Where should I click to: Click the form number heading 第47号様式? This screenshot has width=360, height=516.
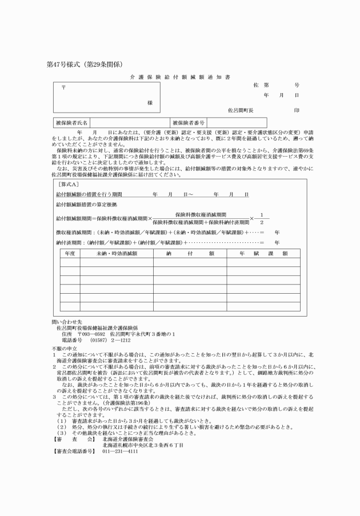(65, 63)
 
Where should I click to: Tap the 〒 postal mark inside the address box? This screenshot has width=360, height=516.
(63, 88)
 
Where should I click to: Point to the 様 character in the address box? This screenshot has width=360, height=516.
(150, 102)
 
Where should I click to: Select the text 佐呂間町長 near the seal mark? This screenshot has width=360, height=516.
(241, 109)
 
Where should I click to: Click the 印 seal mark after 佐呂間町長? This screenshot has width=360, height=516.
(296, 109)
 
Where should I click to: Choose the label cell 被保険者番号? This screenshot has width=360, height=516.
(189, 122)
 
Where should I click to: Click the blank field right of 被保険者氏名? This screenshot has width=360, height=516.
(129, 122)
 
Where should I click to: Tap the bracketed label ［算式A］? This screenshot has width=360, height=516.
(69, 185)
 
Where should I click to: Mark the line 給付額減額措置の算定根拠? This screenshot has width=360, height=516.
(86, 204)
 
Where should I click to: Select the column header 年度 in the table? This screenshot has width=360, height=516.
(70, 253)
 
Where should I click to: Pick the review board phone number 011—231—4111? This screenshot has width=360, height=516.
(120, 435)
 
